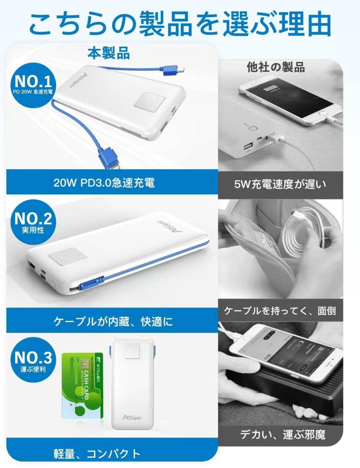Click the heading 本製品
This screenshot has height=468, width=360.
tap(109, 53)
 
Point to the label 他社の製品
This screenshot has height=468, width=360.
tap(276, 67)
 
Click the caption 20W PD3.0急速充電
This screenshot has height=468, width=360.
tap(104, 182)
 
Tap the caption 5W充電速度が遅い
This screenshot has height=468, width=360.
tap(280, 184)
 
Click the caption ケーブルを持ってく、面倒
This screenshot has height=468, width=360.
tap(280, 311)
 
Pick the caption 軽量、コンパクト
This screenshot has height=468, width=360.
tap(97, 454)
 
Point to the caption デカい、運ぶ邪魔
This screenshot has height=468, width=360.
tap(283, 435)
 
